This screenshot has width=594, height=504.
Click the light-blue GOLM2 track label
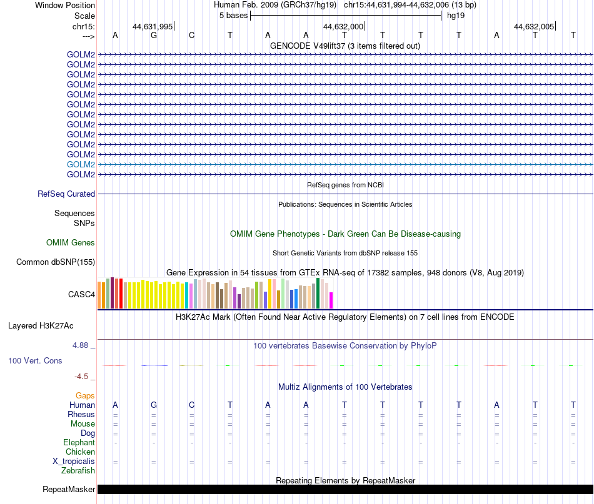81,165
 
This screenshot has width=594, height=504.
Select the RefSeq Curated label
66,194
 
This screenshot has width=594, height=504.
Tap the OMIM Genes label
71,242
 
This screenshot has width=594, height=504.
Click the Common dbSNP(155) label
55,262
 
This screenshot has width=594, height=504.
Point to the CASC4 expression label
81,294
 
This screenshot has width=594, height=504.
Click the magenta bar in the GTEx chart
331,300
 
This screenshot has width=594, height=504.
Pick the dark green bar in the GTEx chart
318,294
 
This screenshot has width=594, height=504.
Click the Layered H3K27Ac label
41,326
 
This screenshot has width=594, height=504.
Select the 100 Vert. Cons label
35,360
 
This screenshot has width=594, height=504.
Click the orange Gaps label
85,395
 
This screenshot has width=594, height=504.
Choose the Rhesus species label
81,414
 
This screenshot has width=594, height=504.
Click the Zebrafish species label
78,470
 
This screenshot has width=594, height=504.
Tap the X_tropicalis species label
74,462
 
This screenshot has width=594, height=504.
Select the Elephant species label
79,442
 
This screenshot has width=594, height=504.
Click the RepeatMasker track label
69,489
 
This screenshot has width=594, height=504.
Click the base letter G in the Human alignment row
153,405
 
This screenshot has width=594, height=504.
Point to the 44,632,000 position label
343,26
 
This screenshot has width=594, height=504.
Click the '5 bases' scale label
233,16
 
